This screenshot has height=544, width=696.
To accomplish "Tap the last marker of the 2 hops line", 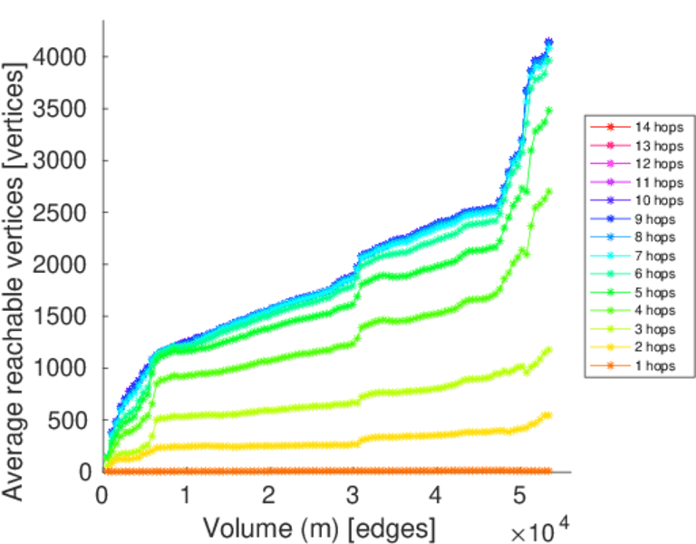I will click(x=547, y=415).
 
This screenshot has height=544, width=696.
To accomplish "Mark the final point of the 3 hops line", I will click(x=548, y=349).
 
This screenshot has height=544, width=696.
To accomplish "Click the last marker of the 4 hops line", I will click(x=548, y=191).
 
